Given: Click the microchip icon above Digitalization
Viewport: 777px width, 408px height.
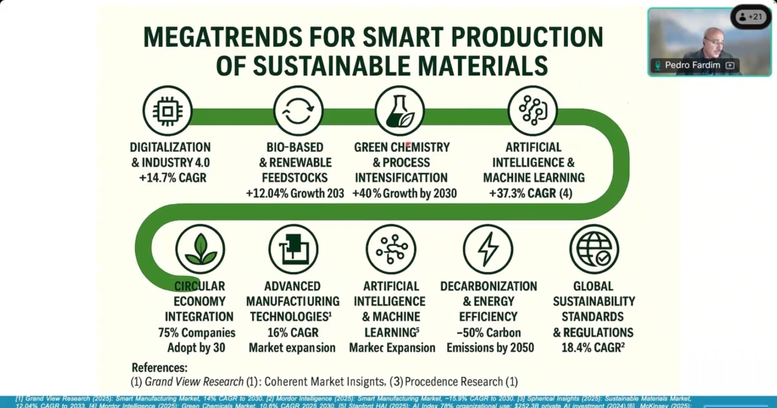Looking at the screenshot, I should click(167, 111).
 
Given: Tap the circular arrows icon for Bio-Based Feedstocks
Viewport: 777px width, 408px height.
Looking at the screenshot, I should click(297, 111).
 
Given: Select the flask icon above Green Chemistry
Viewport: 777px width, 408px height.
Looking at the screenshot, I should click(400, 111).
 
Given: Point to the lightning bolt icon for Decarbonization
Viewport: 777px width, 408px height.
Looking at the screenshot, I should click(488, 250).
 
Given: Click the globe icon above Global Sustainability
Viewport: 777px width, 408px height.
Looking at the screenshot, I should click(594, 250).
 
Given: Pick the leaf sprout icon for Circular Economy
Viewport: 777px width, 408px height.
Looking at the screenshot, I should click(201, 250).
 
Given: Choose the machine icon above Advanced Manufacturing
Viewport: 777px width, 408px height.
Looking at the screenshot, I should click(293, 250).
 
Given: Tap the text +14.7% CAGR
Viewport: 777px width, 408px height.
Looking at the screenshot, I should click(171, 179).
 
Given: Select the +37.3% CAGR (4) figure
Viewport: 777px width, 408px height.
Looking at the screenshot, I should click(534, 194).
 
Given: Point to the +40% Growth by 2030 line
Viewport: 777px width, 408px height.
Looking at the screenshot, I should click(404, 194).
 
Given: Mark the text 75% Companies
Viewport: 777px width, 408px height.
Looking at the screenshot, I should click(197, 333).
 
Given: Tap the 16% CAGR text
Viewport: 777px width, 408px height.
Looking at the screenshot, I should click(292, 333).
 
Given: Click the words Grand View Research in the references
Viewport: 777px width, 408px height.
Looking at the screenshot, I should click(194, 382).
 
